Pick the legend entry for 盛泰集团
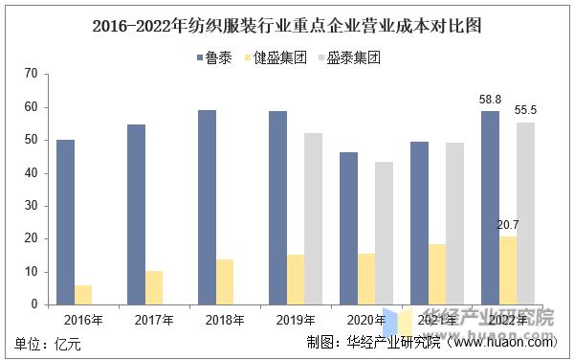click(x=353, y=57)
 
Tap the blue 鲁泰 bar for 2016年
click(x=65, y=222)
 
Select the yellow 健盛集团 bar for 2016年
click(x=83, y=295)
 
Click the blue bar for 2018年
click(x=207, y=207)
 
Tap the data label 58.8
click(x=490, y=99)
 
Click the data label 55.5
click(x=525, y=110)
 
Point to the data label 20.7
click(x=508, y=225)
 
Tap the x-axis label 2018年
click(x=225, y=319)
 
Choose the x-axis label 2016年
click(x=83, y=319)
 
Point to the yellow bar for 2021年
click(x=437, y=274)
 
